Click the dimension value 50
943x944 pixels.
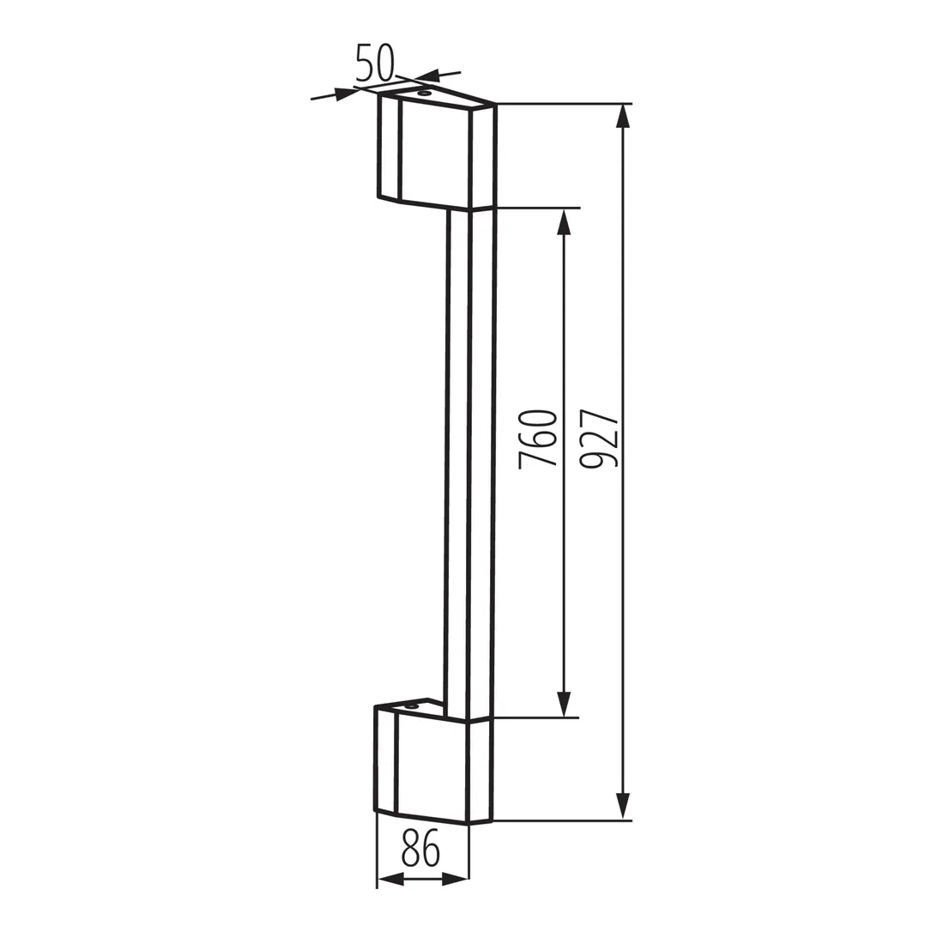pyautogui.click(x=374, y=62)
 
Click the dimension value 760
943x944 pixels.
pyautogui.click(x=538, y=439)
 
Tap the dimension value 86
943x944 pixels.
pyautogui.click(x=420, y=850)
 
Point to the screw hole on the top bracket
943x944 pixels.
pyautogui.click(x=423, y=93)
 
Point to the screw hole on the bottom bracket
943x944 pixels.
pyautogui.click(x=413, y=706)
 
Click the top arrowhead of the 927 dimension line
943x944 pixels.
pyautogui.click(x=623, y=115)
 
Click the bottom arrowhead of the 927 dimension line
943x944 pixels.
pyautogui.click(x=623, y=807)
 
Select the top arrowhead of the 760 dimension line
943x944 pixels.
pyautogui.click(x=563, y=221)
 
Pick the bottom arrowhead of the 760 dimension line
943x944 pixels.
pyautogui.click(x=563, y=704)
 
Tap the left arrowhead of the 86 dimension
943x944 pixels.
pyautogui.click(x=390, y=880)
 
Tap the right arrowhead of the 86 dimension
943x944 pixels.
pyautogui.click(x=456, y=880)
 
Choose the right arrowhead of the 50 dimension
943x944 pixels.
pyautogui.click(x=426, y=75)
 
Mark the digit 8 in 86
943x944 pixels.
pyautogui.click(x=409, y=850)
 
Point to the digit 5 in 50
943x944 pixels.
pyautogui.click(x=365, y=63)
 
